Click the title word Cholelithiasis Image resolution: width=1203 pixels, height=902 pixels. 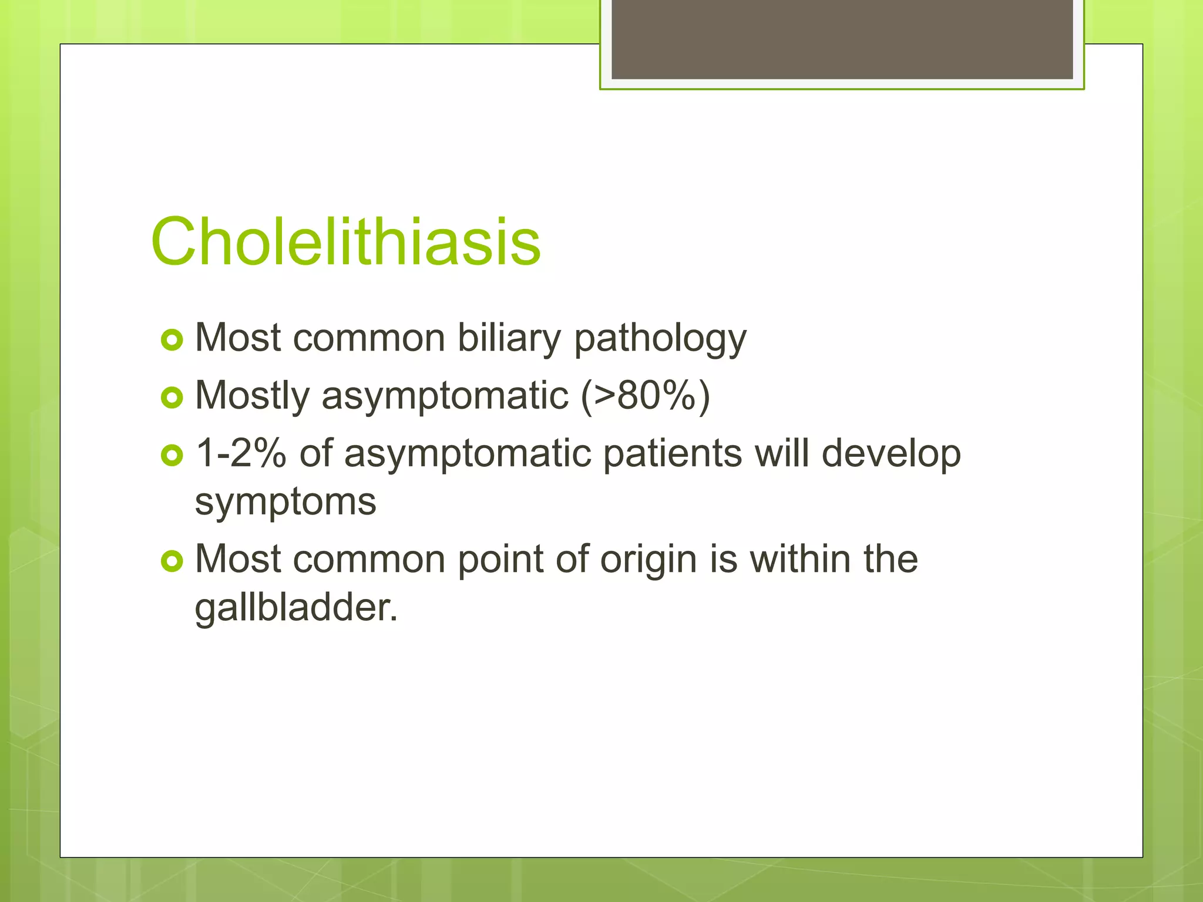(x=345, y=242)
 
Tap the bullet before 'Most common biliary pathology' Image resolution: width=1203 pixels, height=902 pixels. (x=172, y=340)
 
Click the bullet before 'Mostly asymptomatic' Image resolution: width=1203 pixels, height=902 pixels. (x=172, y=398)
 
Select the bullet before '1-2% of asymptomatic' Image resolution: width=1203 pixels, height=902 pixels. (x=172, y=455)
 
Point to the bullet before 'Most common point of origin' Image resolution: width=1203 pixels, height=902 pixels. (x=172, y=561)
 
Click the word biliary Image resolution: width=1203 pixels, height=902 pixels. (x=509, y=339)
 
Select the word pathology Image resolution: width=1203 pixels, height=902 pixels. (x=660, y=339)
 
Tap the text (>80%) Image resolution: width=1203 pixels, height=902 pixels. (x=645, y=395)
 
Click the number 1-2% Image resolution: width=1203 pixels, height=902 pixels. (x=240, y=453)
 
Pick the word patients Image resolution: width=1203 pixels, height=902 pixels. (x=672, y=453)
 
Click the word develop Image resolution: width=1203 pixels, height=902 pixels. (x=891, y=453)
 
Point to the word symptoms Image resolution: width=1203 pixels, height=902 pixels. (x=285, y=502)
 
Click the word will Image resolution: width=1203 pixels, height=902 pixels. (x=781, y=453)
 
